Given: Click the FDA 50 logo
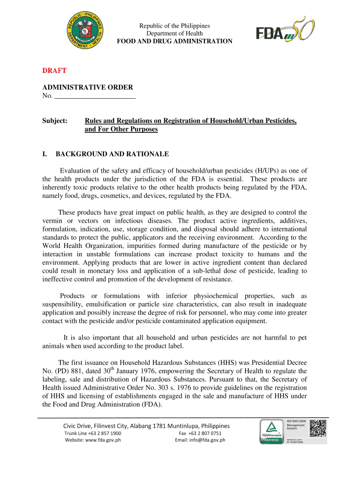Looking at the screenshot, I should coord(285,31).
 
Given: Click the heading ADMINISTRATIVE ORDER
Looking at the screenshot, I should coord(88,87).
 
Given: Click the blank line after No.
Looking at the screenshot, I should coord(95,96).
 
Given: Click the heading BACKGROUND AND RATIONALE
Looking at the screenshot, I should coord(112,154).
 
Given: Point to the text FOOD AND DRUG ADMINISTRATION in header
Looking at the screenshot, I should coord(174,41).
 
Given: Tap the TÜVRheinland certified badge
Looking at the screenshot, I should coord(270,431).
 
